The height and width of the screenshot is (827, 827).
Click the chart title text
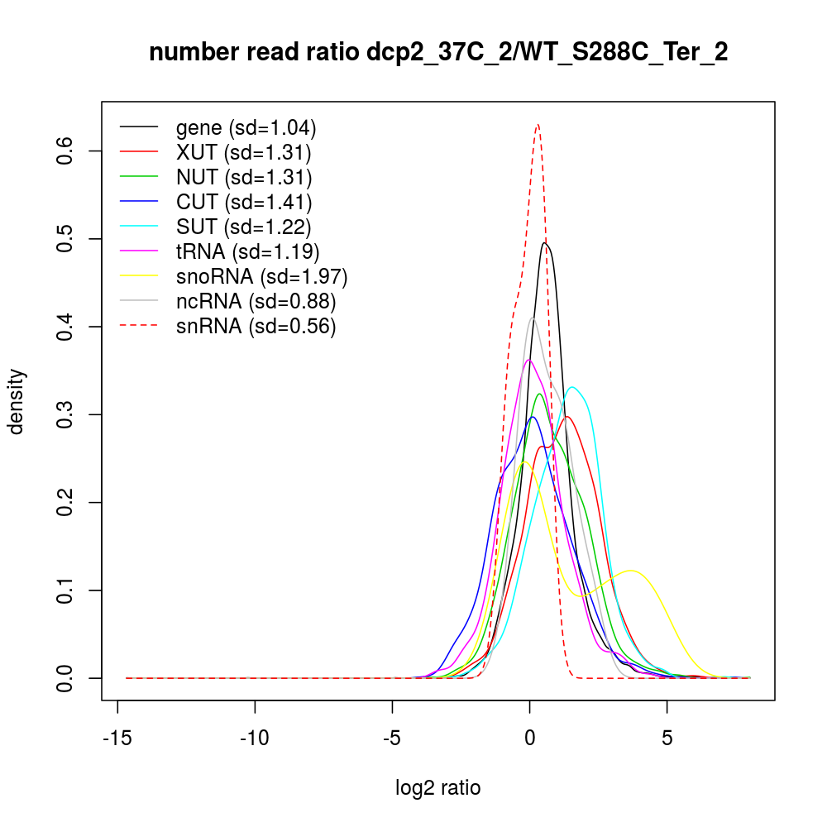[438, 54]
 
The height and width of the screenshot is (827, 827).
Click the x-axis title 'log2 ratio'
[438, 787]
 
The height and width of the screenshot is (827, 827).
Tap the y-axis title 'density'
[17, 401]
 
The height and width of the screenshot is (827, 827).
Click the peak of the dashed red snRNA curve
[538, 124]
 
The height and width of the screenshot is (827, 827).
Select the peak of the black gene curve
[545, 242]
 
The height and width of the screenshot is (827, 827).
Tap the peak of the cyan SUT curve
[572, 387]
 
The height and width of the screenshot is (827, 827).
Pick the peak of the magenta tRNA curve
[529, 360]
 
